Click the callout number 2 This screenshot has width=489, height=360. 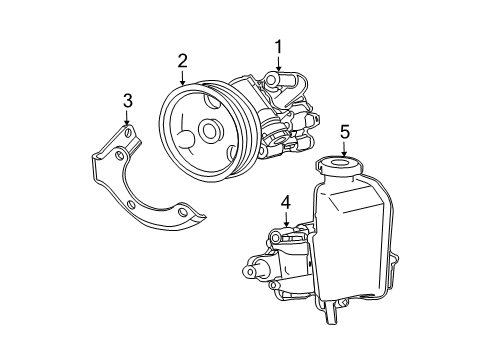tap(182, 61)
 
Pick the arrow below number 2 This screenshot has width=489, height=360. tap(182, 80)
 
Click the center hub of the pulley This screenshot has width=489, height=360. tap(209, 131)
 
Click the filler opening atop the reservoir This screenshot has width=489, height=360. tap(338, 163)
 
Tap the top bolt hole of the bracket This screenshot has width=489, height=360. tap(127, 132)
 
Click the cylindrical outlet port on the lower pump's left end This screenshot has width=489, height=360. tap(252, 271)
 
